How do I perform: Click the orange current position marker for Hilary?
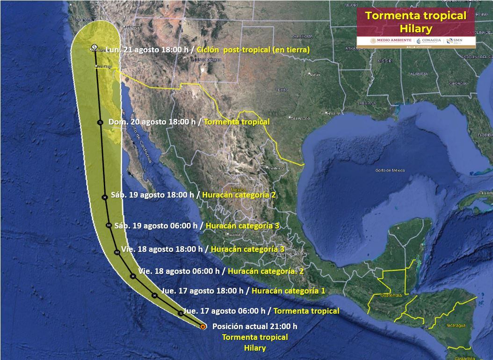pyautogui.click(x=203, y=327)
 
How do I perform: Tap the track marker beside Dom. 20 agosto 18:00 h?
pyautogui.click(x=100, y=122)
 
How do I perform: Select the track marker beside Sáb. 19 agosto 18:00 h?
pyautogui.click(x=105, y=198)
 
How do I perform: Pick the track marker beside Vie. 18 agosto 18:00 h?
pyautogui.click(x=117, y=252)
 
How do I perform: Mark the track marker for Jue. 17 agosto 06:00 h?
pyautogui.click(x=181, y=313)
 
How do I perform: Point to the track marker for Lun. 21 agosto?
pyautogui.click(x=94, y=48)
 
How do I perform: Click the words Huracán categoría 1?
pyautogui.click(x=288, y=291)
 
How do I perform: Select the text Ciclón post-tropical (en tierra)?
pyautogui.click(x=253, y=50)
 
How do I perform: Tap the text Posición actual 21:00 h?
pyautogui.click(x=254, y=327)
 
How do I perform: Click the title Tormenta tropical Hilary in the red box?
pyautogui.click(x=415, y=22)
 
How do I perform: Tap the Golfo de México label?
pyautogui.click(x=390, y=170)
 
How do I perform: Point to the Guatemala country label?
pyautogui.click(x=391, y=295)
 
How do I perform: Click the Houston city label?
pyautogui.click(x=333, y=113)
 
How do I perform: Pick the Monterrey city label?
pyautogui.click(x=275, y=168)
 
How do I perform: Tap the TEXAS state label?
pyautogui.click(x=282, y=89)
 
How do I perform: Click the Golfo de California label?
pyautogui.click(x=142, y=140)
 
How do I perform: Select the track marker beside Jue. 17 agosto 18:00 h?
pyautogui.click(x=154, y=295)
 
